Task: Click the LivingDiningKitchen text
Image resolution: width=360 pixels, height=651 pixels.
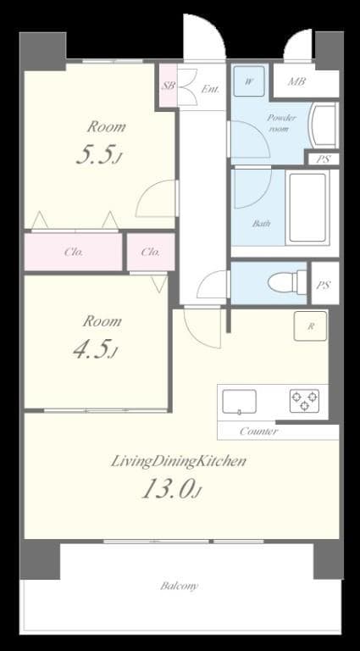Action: (179, 461)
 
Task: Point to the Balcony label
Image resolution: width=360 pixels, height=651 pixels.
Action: (179, 586)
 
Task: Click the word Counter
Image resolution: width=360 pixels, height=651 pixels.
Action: (258, 431)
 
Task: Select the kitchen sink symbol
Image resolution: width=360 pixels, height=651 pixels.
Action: (240, 400)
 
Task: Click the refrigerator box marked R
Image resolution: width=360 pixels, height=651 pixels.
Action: (310, 326)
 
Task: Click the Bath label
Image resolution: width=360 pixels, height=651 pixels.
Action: (261, 224)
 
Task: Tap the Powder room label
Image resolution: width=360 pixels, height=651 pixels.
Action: (280, 123)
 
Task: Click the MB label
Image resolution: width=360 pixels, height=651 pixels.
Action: (297, 81)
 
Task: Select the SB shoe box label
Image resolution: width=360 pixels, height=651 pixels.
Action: (168, 86)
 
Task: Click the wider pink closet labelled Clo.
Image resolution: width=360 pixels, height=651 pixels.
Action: (73, 252)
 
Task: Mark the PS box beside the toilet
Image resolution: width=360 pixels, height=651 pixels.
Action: (323, 286)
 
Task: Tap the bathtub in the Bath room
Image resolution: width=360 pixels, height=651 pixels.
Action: (307, 208)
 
